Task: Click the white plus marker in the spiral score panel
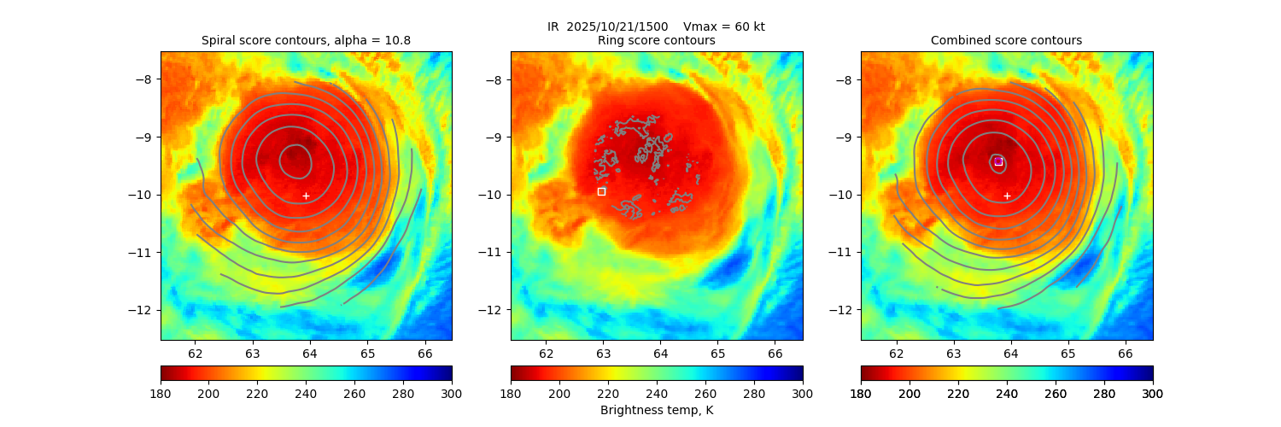pos(306,196)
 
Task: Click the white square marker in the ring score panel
pos(601,191)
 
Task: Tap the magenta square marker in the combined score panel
pos(998,161)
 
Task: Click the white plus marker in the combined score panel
pos(1007,196)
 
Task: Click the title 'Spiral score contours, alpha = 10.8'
pos(306,40)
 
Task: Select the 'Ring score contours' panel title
pos(656,40)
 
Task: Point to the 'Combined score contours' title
pos(1006,40)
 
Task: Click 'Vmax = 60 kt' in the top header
pos(724,26)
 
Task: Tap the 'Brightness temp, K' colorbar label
pos(656,411)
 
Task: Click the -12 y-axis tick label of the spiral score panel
pos(147,309)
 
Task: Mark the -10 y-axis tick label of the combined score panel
pos(844,195)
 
